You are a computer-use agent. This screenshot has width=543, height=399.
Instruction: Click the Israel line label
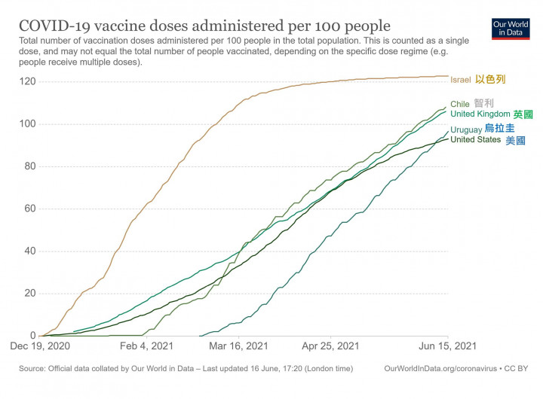(461, 80)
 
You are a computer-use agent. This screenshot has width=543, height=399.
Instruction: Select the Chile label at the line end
(460, 104)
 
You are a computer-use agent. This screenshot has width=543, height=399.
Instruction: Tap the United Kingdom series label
(480, 114)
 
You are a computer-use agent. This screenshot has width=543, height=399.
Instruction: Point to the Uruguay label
(466, 129)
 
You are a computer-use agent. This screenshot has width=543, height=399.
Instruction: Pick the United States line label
(475, 140)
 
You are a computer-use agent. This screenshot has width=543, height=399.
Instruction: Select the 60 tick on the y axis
(29, 209)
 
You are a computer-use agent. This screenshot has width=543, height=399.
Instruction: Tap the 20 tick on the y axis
(29, 294)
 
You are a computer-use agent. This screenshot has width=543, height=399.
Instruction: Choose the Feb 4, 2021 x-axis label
(146, 346)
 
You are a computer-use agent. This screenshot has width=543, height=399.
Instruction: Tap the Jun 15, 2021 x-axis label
(449, 346)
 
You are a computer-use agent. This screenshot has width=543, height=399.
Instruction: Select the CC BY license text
(521, 368)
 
